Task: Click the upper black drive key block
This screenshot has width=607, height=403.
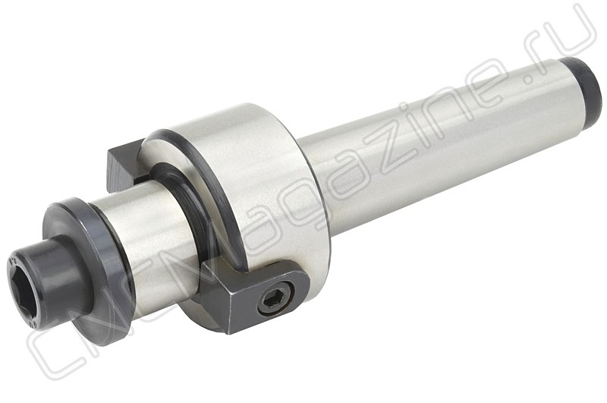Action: coord(124,167)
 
